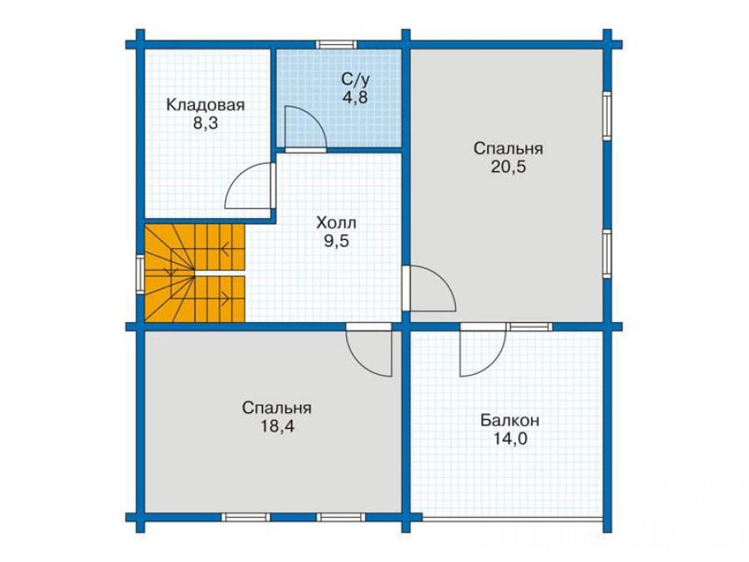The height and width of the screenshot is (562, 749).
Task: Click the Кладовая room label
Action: pyautogui.click(x=205, y=105)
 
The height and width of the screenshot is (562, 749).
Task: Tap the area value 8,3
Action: pyautogui.click(x=206, y=123)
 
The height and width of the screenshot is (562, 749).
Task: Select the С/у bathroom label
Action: pyautogui.click(x=355, y=78)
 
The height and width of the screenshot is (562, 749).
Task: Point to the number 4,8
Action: pyautogui.click(x=355, y=97)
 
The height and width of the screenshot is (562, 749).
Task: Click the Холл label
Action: pyautogui.click(x=336, y=222)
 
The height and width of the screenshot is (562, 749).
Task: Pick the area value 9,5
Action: pyautogui.click(x=337, y=241)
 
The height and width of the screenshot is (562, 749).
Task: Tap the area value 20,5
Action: pyautogui.click(x=508, y=167)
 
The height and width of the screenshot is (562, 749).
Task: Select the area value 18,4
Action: pyautogui.click(x=277, y=426)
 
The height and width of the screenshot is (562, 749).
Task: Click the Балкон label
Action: pyautogui.click(x=509, y=420)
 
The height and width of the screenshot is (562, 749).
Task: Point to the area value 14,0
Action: pyautogui.click(x=509, y=439)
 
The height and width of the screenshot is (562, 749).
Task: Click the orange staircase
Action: pyautogui.click(x=195, y=273)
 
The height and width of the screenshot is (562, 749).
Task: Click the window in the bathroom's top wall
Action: pyautogui.click(x=336, y=44)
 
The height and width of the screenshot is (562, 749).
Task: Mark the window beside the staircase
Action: pyautogui.click(x=140, y=273)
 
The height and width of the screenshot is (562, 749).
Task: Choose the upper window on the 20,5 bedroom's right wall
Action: pyautogui.click(x=607, y=115)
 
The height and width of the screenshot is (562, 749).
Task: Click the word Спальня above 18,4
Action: pyautogui.click(x=277, y=408)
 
